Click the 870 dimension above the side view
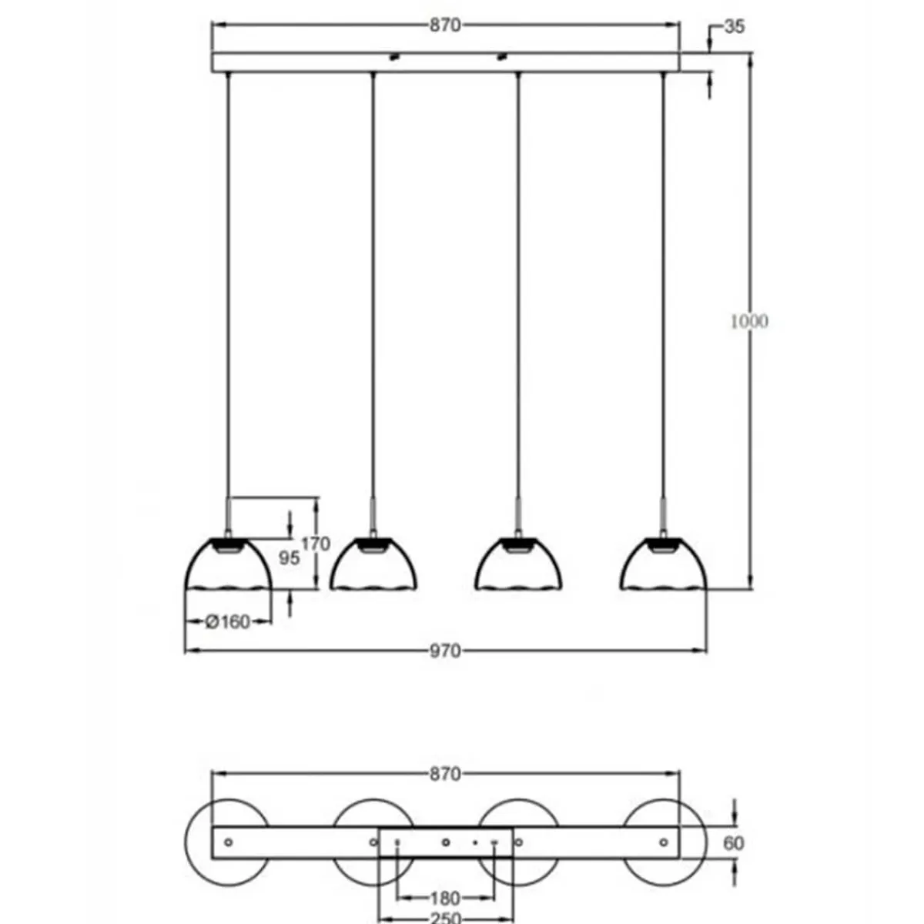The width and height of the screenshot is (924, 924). click(x=445, y=25)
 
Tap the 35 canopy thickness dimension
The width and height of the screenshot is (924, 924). click(x=735, y=26)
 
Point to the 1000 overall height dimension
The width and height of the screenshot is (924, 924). click(x=748, y=321)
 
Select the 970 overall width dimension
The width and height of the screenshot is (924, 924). click(x=445, y=651)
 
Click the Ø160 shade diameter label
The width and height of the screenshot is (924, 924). click(x=229, y=621)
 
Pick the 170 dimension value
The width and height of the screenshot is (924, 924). click(x=315, y=544)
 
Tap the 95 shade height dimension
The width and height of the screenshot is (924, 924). click(x=290, y=557)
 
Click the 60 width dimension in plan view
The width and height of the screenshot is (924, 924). click(x=734, y=843)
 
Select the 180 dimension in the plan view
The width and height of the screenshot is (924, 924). click(x=445, y=898)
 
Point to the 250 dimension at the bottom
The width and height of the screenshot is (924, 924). click(x=445, y=918)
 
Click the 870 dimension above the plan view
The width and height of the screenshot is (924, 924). click(x=445, y=774)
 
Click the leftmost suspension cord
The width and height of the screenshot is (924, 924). click(x=228, y=285)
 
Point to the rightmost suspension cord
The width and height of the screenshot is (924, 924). click(x=663, y=285)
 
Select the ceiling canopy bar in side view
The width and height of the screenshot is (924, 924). click(x=445, y=62)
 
